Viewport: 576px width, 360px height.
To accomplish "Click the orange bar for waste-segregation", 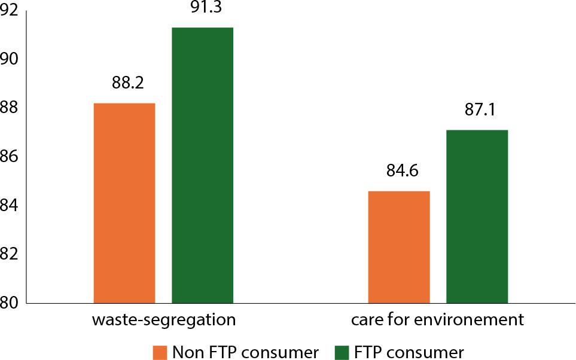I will [124, 203].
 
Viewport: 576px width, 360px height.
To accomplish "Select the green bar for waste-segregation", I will [202, 165].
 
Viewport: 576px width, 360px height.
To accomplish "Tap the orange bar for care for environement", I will [398, 247].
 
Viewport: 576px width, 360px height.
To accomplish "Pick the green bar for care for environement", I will [477, 216].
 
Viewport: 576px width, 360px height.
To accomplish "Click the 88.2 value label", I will [127, 83].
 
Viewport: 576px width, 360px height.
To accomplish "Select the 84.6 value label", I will [401, 171].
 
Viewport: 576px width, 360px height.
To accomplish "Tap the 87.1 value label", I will [480, 110].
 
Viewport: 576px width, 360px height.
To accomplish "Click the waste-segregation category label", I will [163, 319].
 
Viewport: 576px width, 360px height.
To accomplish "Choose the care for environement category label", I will [437, 319].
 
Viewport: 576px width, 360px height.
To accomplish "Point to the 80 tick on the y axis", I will [12, 303].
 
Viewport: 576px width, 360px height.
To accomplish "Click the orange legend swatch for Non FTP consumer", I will [160, 351].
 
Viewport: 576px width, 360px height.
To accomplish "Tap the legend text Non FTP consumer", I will [246, 351].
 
